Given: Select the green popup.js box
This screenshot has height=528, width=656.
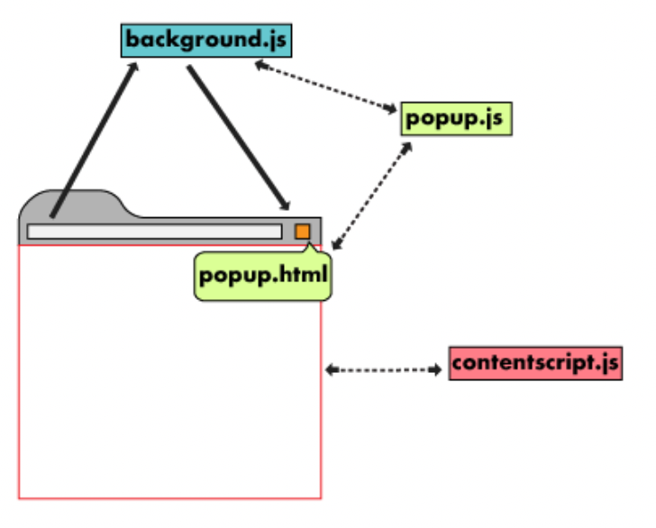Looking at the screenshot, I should (x=456, y=118).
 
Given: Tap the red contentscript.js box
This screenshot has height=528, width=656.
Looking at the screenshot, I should (x=535, y=363).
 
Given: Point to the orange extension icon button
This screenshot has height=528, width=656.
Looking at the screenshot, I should (x=302, y=232).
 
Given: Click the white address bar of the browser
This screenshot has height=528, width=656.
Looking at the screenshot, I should (x=153, y=232).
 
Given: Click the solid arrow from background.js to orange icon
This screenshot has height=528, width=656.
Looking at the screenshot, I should (x=238, y=136).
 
